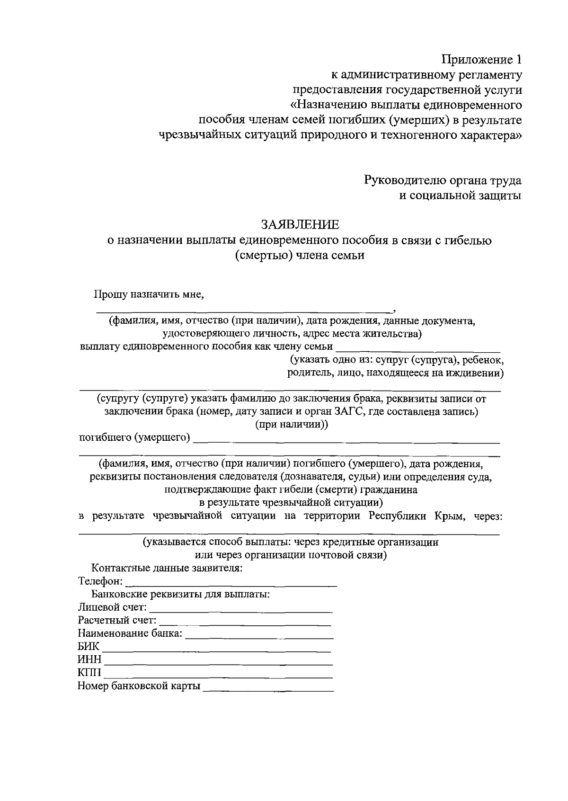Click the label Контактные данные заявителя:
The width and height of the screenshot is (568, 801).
point(167,568)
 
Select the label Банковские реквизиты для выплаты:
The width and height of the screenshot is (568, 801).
point(180,594)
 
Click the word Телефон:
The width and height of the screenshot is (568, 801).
point(100,581)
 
